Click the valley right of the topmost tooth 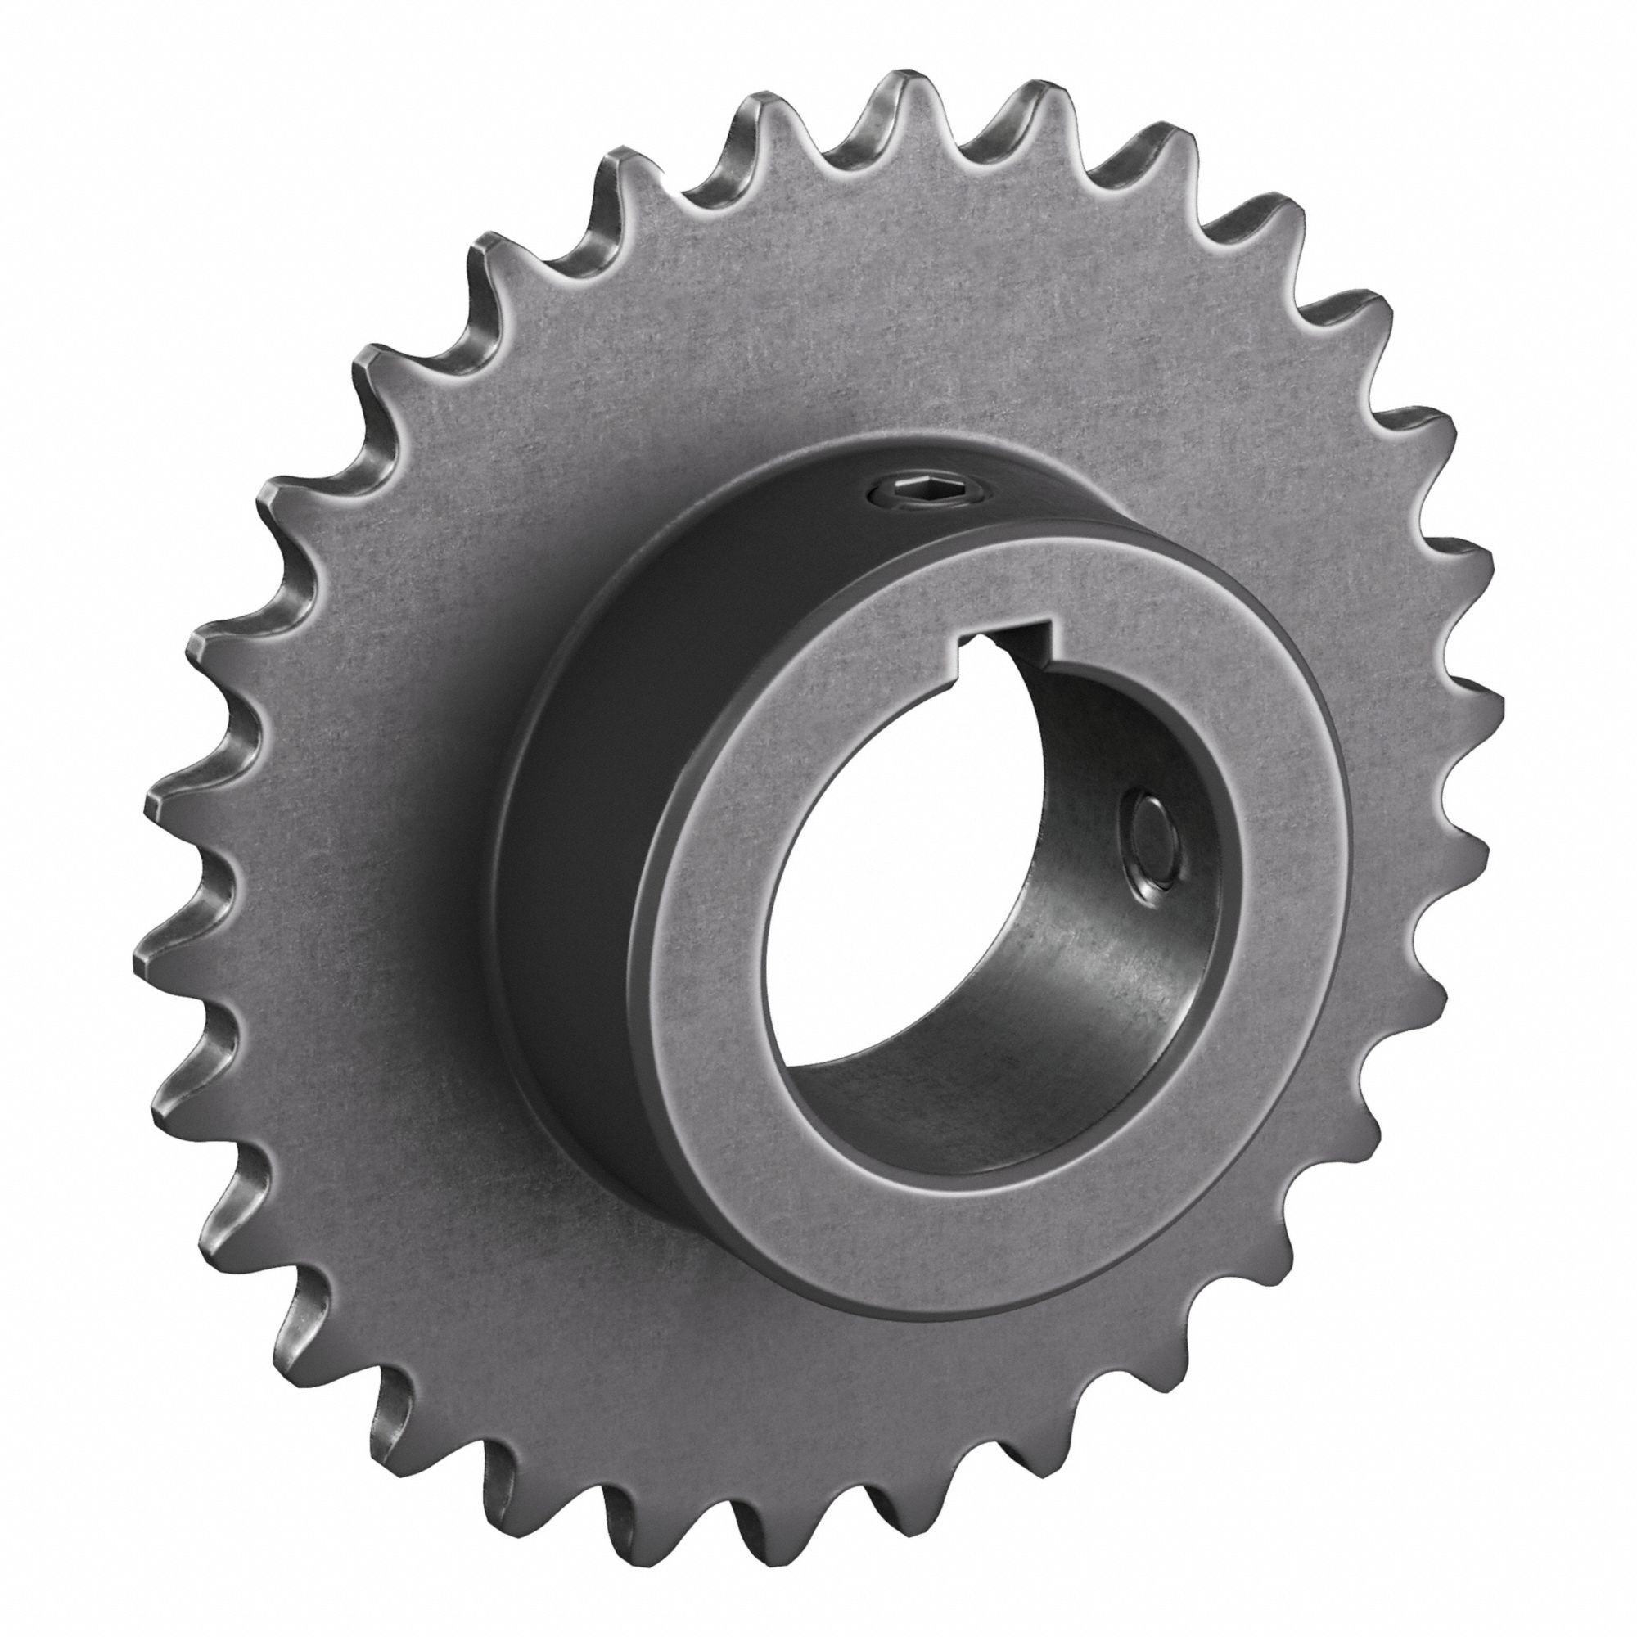[966, 161]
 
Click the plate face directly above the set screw [898, 322]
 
